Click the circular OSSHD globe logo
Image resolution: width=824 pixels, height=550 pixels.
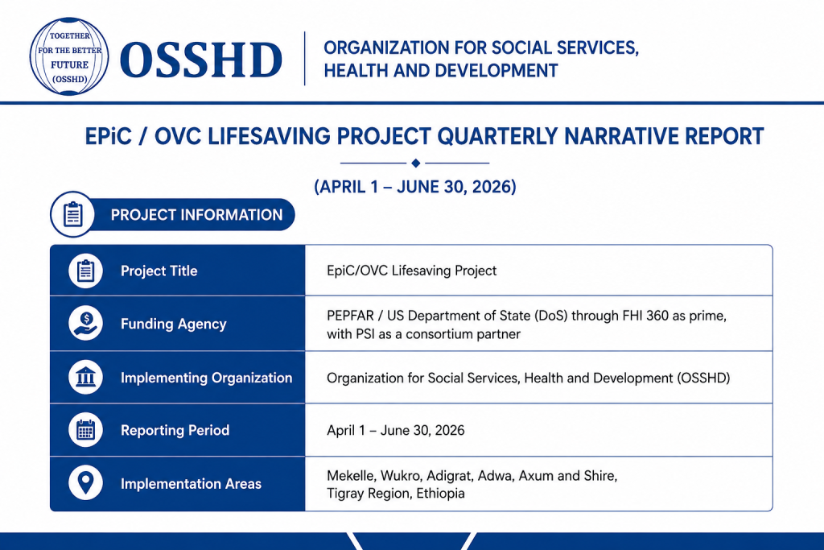69,57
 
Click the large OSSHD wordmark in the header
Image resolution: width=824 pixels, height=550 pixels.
201,60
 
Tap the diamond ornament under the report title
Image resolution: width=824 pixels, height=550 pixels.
416,163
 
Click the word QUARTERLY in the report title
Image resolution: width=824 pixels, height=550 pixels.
497,136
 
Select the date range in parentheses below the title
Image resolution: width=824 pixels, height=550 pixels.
415,187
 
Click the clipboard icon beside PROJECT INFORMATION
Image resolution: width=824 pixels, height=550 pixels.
72,214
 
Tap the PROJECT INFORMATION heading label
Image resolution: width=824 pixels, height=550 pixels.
196,215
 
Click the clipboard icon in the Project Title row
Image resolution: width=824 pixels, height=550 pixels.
85,271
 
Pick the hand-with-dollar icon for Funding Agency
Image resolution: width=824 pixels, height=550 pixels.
85,323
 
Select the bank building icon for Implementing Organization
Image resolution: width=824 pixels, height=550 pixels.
85,377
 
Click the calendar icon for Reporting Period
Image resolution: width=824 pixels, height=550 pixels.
85,429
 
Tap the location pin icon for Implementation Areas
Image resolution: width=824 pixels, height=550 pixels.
85,482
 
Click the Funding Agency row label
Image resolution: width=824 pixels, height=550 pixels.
174,324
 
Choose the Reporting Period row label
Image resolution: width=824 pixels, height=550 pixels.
175,430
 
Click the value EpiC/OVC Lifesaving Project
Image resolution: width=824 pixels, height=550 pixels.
411,271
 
